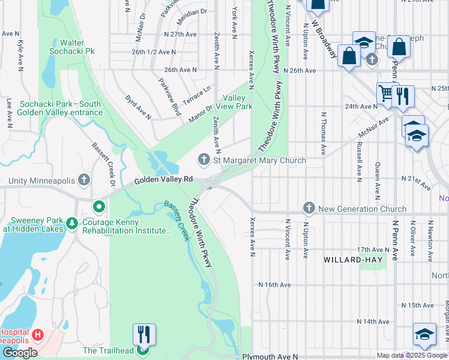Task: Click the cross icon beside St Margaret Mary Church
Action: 204,160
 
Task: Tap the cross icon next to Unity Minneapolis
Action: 84,180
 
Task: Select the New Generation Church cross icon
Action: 309,208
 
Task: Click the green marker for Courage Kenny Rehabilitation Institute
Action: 100,208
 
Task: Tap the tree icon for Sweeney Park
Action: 72,223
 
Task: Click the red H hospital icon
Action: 38,334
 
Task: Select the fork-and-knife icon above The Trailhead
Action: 144,334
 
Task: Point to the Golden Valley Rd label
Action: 163,179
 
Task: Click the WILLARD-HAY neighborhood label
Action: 351,260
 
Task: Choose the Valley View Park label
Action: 237,102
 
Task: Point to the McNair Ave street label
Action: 376,127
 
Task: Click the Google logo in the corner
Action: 19,353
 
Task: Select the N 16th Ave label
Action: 274,284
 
